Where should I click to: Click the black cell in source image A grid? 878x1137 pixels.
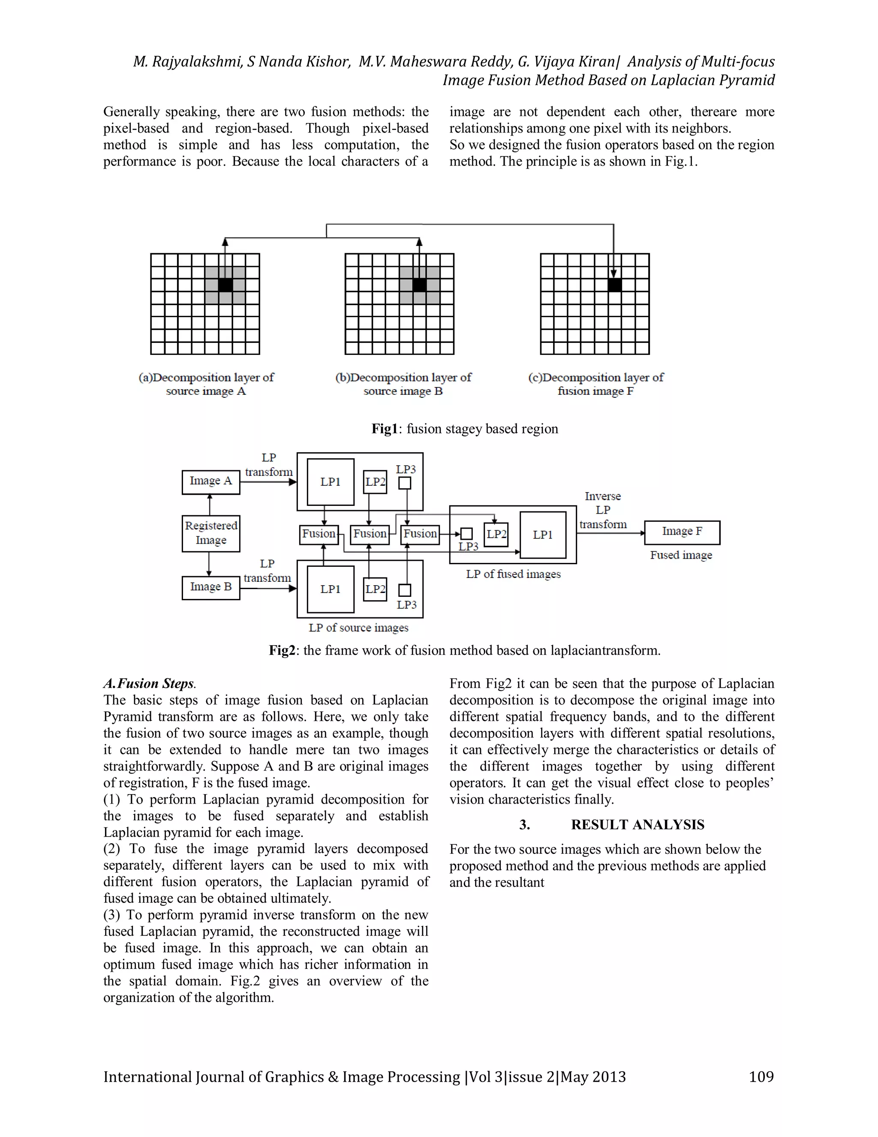coord(225,285)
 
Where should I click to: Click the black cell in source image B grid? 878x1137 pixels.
coord(419,285)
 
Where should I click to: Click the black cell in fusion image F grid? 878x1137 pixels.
coord(614,285)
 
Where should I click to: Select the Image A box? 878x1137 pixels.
coord(210,481)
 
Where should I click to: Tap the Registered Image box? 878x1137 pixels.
coord(210,533)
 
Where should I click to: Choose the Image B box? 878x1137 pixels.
coord(210,587)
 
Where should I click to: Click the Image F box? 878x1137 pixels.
coord(682,532)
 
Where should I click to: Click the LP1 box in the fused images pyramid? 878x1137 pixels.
coord(542,535)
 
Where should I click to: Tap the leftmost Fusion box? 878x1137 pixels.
coord(319,534)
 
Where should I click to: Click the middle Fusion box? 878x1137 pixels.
coord(370,534)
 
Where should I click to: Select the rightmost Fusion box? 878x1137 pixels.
coord(420,534)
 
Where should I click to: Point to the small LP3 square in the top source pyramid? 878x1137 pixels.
coord(405,484)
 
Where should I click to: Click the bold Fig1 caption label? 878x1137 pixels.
coord(385,429)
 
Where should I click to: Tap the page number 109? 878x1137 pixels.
coord(761,1077)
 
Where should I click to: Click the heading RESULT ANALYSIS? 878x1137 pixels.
coord(637,825)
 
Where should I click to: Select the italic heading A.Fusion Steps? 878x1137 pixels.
coord(149,683)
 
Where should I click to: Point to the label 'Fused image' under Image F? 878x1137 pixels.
coord(681,556)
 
